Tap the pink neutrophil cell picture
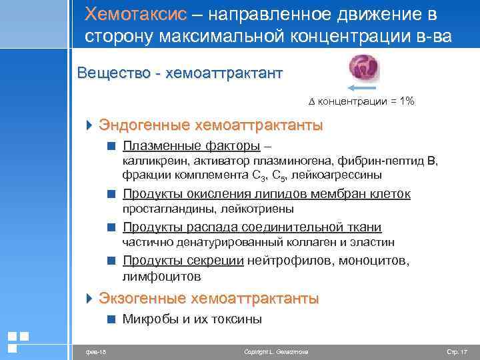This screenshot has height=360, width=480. point(363,67)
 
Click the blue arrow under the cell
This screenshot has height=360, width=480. point(363,89)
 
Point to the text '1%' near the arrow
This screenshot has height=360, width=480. point(403,101)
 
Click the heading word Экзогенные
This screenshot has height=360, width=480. point(142,298)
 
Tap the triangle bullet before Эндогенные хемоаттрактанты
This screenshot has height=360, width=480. point(91,125)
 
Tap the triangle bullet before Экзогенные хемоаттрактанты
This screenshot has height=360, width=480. point(91,298)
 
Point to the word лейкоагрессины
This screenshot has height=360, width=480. point(341,175)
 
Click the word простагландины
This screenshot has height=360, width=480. point(163,209)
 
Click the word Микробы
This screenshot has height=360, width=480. point(147,319)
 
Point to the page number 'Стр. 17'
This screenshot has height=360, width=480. point(457,351)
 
